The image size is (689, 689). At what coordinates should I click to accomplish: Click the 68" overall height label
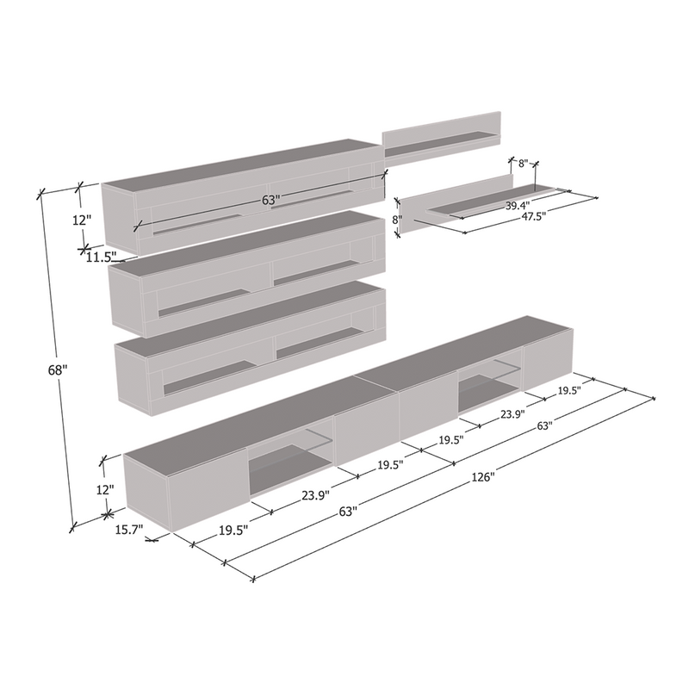58,370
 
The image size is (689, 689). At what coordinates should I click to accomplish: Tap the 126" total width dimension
483,477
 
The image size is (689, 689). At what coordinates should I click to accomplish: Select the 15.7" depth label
129,530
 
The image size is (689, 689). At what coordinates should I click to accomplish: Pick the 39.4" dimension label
518,205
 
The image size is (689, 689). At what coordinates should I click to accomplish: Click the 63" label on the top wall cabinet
270,200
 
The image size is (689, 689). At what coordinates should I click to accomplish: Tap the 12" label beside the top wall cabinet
81,220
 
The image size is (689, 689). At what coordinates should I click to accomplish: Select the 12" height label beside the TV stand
105,489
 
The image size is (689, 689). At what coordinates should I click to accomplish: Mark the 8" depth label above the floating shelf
523,164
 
